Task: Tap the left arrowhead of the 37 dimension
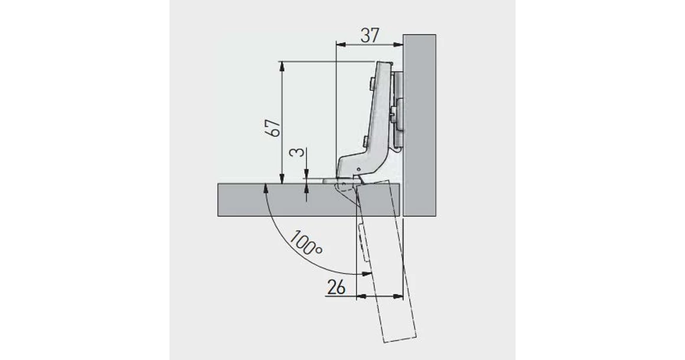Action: [x=339, y=44]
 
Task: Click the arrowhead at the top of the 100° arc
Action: [x=265, y=187]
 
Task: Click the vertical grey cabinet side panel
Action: [x=419, y=124]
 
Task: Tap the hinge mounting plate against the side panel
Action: [x=399, y=109]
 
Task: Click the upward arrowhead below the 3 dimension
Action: [x=307, y=187]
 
